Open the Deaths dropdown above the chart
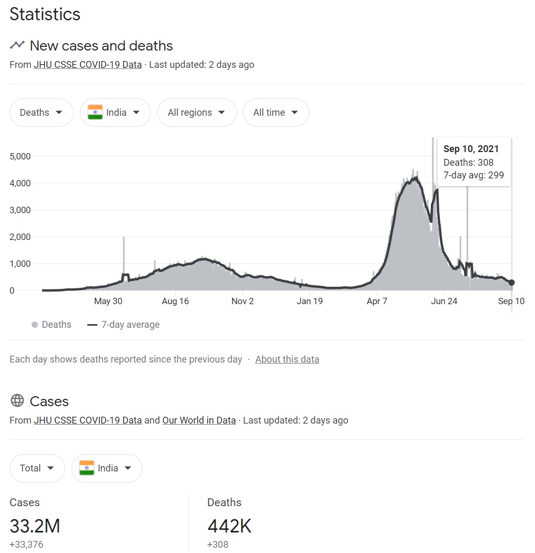coord(41,113)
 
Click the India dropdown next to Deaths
coord(115,113)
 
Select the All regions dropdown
coord(196,113)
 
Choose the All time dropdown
coord(276,113)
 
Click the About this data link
coord(287,359)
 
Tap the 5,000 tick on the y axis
coord(21,156)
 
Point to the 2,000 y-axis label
coord(21,237)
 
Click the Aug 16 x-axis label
coord(175,301)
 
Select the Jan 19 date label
coord(309,301)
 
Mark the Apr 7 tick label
coord(377,301)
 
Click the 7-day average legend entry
coord(124,325)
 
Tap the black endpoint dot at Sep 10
coord(511,283)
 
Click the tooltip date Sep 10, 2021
coord(471,149)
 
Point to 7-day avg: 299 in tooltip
coord(473,176)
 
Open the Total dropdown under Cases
coord(37,468)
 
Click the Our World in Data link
coord(199,420)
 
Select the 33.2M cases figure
coord(35,526)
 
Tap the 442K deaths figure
coord(229,526)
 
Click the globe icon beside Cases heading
coord(17,401)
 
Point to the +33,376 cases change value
coord(26,545)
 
